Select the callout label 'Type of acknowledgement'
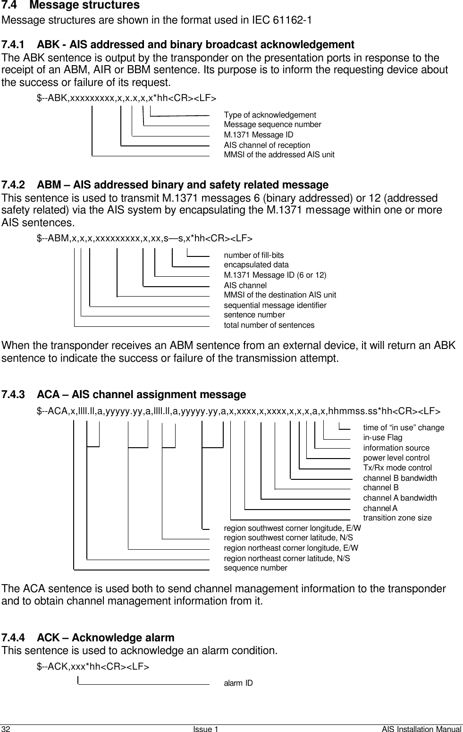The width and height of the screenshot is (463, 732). [269, 115]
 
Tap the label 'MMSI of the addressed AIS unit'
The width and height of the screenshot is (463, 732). [279, 154]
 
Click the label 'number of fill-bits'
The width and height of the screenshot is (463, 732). [253, 255]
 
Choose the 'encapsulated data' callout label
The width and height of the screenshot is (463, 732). [256, 265]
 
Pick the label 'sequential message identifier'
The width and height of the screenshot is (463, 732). [275, 305]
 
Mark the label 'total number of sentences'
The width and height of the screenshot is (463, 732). [269, 325]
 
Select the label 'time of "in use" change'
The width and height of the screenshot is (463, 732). [403, 428]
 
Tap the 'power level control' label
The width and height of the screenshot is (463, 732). [396, 458]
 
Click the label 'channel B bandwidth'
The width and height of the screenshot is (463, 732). [400, 478]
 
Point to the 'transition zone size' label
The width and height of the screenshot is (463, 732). [397, 518]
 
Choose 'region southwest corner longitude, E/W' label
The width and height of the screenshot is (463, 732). [292, 528]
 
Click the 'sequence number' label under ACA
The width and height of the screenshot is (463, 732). [255, 568]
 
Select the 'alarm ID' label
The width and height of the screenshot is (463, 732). [238, 683]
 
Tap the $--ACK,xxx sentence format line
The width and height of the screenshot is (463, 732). [93, 667]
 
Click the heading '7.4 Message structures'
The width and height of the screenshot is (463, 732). [71, 6]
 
